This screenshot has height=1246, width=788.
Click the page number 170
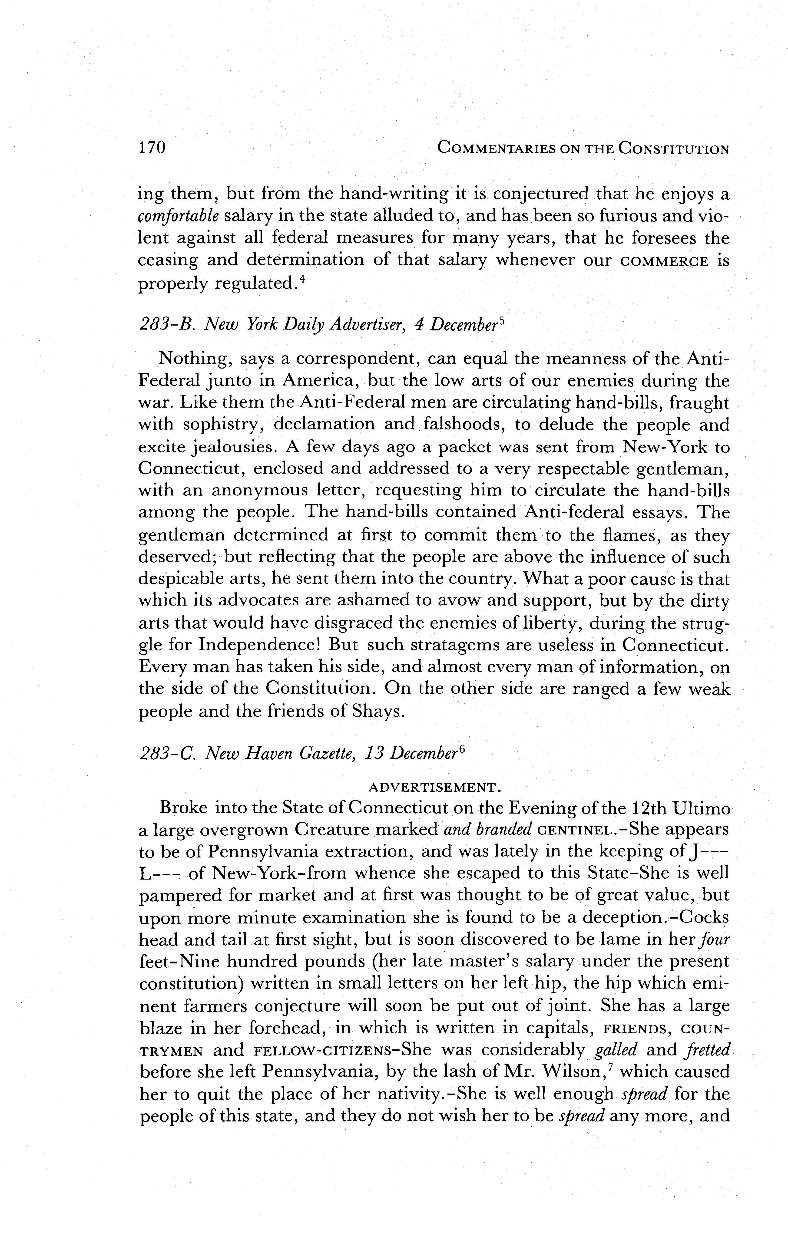click(x=152, y=148)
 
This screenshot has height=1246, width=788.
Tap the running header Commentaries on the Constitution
click(x=583, y=149)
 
